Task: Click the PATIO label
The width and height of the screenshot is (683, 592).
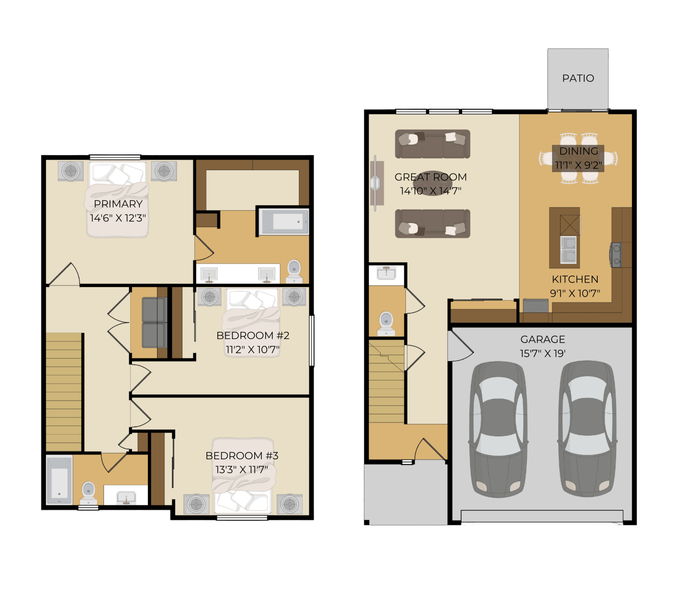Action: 578,78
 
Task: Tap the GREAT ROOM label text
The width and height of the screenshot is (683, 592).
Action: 431,177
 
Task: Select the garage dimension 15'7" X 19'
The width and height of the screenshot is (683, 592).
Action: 543,353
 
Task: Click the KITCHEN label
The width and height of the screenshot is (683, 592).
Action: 575,279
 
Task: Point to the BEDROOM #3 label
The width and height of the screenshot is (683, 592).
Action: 242,456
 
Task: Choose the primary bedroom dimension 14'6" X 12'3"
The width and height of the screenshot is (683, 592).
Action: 118,218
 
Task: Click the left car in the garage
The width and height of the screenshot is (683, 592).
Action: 498,429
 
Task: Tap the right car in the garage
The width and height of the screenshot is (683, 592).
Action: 587,429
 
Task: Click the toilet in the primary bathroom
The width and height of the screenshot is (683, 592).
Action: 294,271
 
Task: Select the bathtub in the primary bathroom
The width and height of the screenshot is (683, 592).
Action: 284,222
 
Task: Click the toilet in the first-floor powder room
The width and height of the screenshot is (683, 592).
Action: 386,323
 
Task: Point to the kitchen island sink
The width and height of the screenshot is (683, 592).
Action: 568,250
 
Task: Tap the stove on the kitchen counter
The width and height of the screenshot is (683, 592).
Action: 616,254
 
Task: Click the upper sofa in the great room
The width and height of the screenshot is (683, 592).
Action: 433,144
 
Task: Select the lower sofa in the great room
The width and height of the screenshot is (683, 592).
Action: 433,223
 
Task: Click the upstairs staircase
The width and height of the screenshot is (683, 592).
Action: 63,392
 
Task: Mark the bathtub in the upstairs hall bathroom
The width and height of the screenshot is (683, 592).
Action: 59,479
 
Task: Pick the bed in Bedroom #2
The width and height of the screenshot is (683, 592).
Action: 252,323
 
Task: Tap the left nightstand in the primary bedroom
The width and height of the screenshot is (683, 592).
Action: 71,171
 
